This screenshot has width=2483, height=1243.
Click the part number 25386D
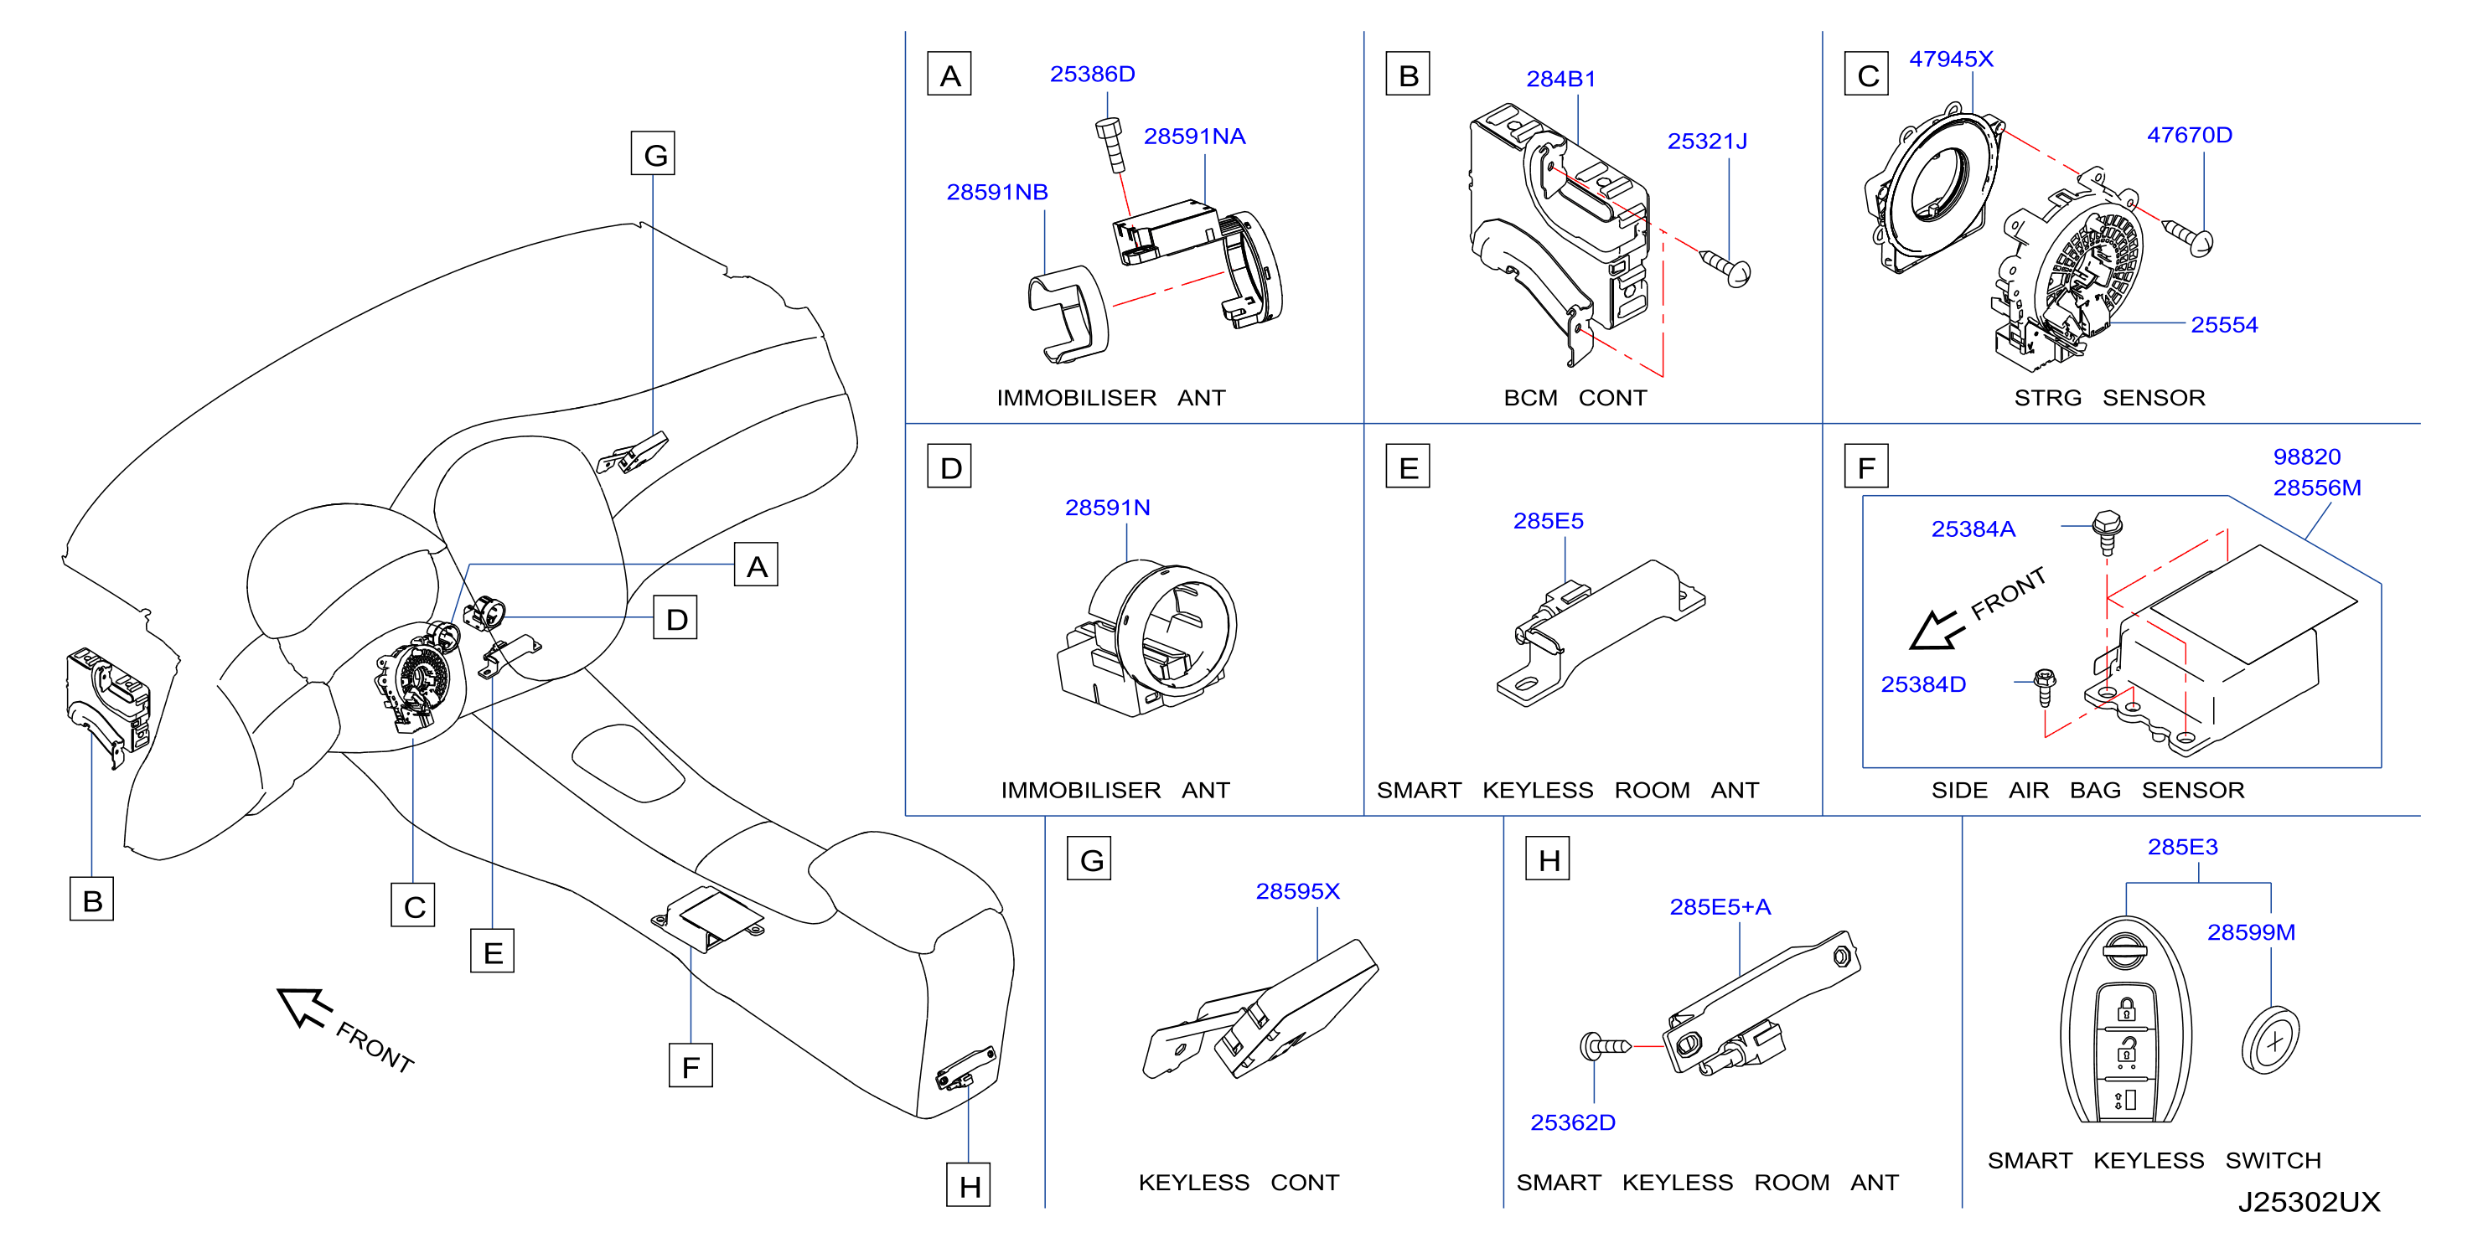[1092, 75]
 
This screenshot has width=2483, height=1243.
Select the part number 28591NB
[996, 192]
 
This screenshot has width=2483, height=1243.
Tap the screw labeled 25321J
[1725, 267]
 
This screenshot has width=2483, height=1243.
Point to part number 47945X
[1951, 59]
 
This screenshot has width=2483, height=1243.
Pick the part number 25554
[2224, 325]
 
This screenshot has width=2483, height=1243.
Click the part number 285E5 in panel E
[1548, 520]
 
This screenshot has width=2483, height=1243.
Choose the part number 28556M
[2316, 487]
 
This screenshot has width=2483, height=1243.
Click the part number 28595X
[1297, 891]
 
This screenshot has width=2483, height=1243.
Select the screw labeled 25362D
[1605, 1045]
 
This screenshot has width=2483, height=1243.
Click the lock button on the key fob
[2125, 1008]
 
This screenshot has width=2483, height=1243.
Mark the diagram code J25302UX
[2309, 1202]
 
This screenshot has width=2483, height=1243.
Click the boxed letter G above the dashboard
[653, 153]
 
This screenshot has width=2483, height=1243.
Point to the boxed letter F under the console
[691, 1065]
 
